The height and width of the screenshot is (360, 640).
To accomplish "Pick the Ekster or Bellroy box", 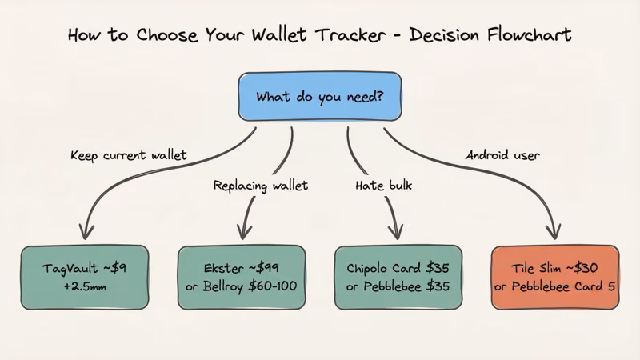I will (x=241, y=277).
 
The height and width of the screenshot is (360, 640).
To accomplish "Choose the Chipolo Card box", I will (x=398, y=277).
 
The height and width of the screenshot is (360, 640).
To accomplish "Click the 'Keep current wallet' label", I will (x=128, y=154).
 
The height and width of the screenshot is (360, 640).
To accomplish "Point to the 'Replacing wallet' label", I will (x=261, y=186).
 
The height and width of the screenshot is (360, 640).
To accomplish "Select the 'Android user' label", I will (x=502, y=154).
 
